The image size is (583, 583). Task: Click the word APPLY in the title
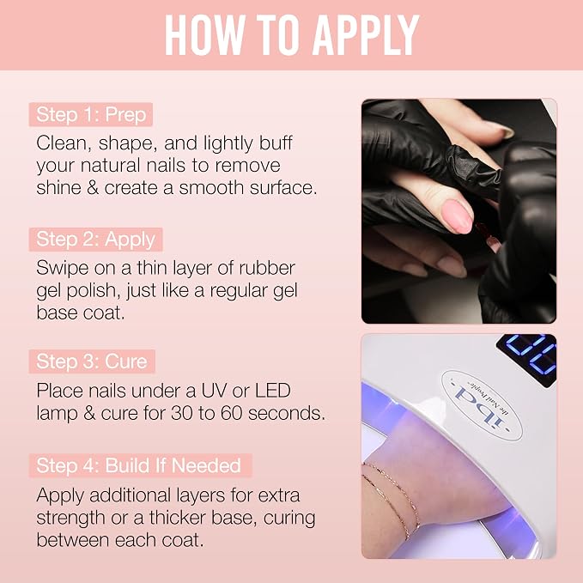pos(366,36)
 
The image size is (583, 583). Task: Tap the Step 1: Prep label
pos(91,114)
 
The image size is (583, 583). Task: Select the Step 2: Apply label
pos(95,239)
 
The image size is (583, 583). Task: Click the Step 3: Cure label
pos(92,361)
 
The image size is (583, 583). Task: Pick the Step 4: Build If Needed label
pos(141,465)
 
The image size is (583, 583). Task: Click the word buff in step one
pos(276,143)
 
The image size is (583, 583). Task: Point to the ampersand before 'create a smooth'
pos(92,187)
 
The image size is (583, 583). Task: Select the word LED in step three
pos(273,391)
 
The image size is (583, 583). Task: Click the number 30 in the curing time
pos(182,413)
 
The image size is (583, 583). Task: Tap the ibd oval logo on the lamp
pos(483,405)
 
